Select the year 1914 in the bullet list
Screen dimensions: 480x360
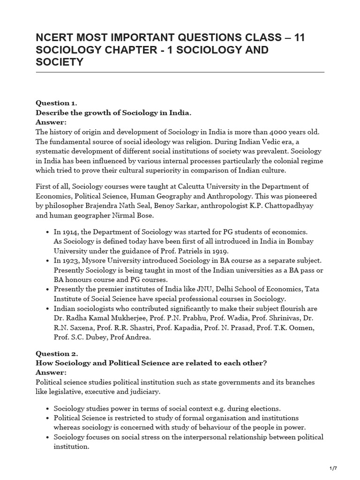click(70, 232)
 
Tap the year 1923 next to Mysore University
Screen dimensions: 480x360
click(70, 260)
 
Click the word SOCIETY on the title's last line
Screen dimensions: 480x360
click(60, 62)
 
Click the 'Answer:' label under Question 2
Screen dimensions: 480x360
click(52, 372)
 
